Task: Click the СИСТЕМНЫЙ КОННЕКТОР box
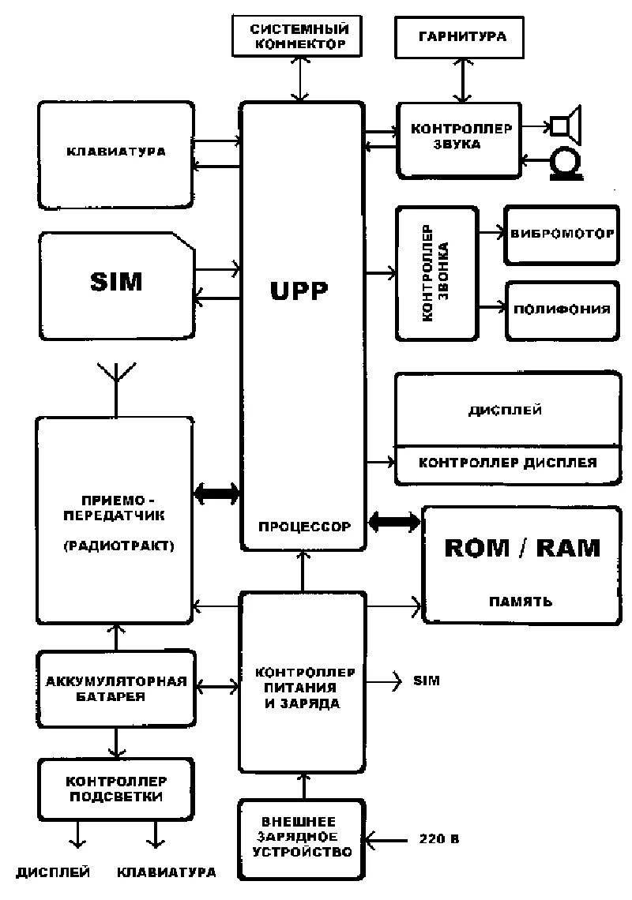(299, 36)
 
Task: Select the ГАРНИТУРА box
(462, 36)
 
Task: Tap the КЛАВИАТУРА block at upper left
(115, 153)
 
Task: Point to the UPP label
(299, 291)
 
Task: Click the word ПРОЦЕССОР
(303, 526)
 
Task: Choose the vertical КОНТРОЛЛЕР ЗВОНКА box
(437, 273)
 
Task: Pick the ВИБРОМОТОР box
(562, 234)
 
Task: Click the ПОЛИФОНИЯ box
(562, 309)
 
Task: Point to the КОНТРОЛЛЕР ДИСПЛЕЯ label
(507, 463)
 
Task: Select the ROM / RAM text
(522, 548)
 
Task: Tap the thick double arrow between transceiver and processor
(216, 494)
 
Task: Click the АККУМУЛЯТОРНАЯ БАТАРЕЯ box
(116, 688)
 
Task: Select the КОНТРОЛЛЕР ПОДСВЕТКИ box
(116, 788)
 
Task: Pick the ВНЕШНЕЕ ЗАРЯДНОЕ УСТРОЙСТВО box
(301, 839)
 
